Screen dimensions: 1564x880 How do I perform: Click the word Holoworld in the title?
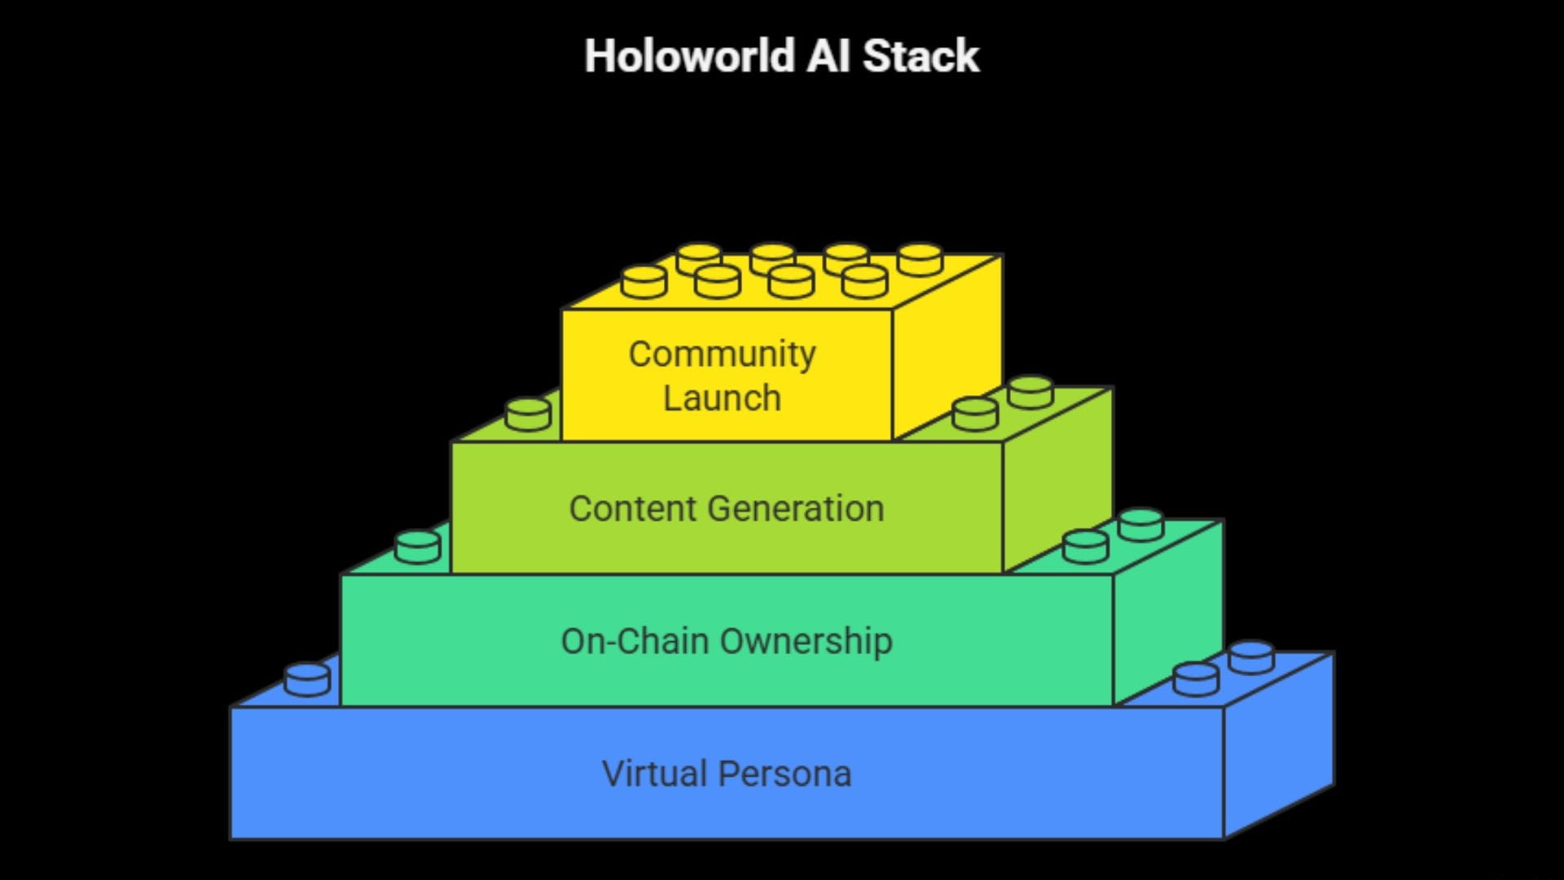coord(689,57)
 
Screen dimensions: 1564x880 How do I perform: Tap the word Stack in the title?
coord(920,57)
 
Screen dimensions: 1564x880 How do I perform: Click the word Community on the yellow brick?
coord(722,354)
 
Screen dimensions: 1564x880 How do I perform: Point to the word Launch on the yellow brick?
coord(722,398)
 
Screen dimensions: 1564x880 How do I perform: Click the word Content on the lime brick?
coord(632,509)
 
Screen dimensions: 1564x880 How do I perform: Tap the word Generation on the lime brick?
coord(796,509)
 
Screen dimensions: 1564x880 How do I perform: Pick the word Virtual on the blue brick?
coord(654,774)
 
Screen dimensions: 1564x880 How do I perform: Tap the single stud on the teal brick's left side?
coord(417,547)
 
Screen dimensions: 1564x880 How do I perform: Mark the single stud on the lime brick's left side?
coord(528,414)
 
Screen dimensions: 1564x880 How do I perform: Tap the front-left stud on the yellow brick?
coord(644,282)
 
